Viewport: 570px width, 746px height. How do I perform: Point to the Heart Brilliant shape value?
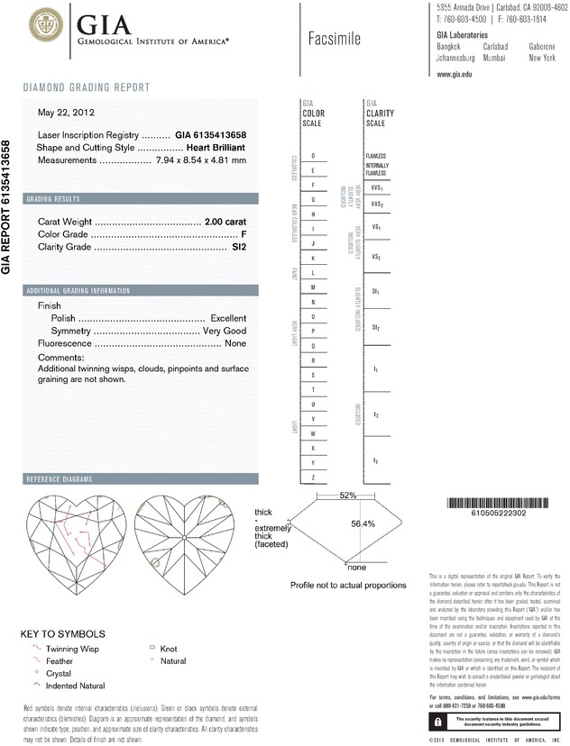(216, 147)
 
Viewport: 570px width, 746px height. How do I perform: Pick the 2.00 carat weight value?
(225, 221)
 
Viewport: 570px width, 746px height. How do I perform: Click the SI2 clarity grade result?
(238, 246)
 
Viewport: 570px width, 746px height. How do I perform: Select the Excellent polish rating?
(228, 319)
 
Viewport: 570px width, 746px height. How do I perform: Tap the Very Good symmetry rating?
(223, 332)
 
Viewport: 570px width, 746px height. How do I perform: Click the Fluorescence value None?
(235, 344)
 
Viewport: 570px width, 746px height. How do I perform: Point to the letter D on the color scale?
(313, 156)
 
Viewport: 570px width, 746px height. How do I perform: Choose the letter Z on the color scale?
(313, 477)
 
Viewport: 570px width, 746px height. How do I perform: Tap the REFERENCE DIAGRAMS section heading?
(61, 478)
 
